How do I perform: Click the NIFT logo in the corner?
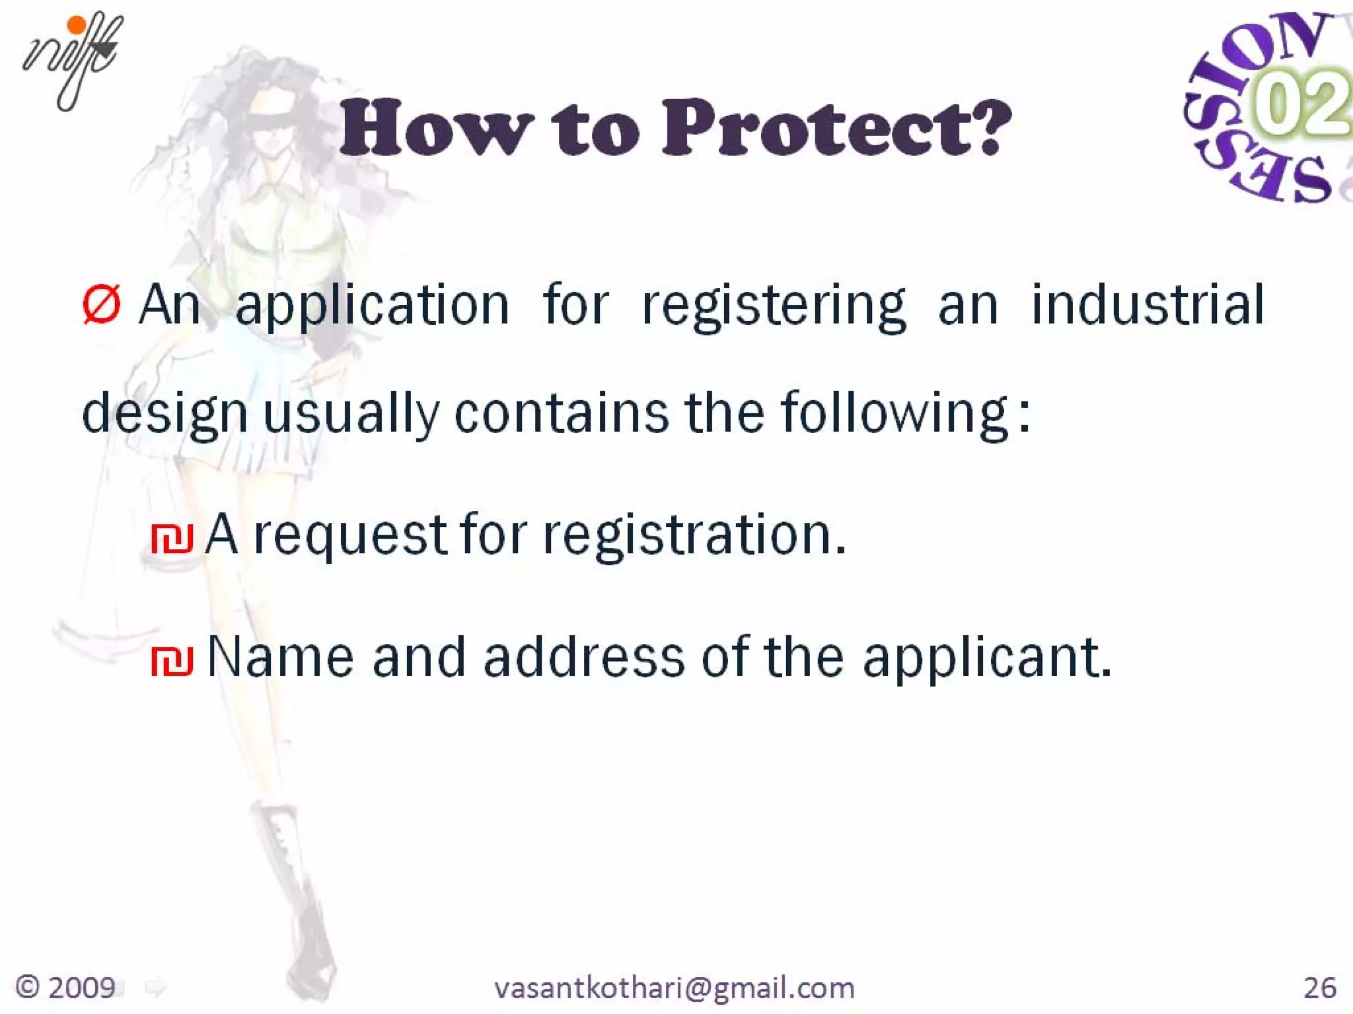click(71, 59)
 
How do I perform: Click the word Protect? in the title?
click(836, 128)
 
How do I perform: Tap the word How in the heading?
click(437, 128)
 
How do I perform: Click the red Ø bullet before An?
click(101, 305)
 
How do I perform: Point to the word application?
click(372, 306)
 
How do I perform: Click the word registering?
click(774, 306)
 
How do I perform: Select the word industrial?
click(1148, 305)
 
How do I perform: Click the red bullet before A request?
click(172, 538)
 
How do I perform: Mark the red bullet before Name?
click(172, 661)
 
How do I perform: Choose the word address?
click(584, 658)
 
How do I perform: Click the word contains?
click(562, 413)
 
